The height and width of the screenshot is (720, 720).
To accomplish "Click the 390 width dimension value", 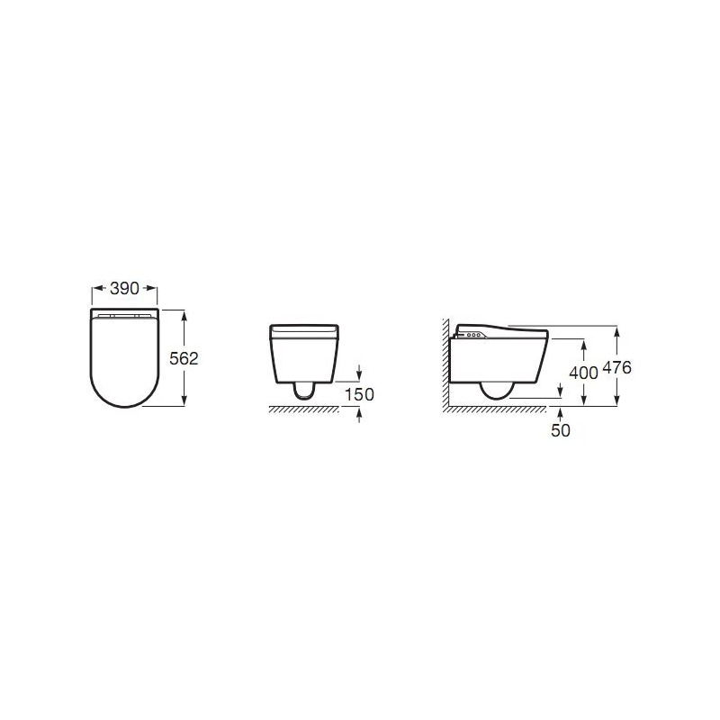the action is pyautogui.click(x=124, y=288).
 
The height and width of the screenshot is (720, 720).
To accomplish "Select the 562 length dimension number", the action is pyautogui.click(x=184, y=358).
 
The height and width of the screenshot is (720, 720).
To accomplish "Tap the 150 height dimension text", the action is pyautogui.click(x=359, y=394).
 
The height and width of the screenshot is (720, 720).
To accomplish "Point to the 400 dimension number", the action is pyautogui.click(x=583, y=373).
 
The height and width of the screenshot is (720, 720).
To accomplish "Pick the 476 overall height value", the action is pyautogui.click(x=616, y=367).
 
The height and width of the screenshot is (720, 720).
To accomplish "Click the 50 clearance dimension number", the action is pyautogui.click(x=560, y=430).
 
